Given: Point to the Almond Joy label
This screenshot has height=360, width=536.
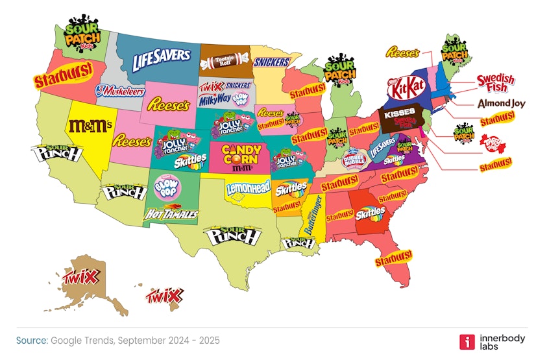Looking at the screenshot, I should (496, 104).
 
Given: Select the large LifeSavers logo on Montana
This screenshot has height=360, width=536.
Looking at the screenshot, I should (161, 60).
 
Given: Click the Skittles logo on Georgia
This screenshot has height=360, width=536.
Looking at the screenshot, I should (370, 212).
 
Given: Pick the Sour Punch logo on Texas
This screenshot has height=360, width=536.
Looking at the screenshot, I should (232, 236).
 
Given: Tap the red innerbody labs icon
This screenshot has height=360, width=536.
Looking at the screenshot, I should (465, 342).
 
